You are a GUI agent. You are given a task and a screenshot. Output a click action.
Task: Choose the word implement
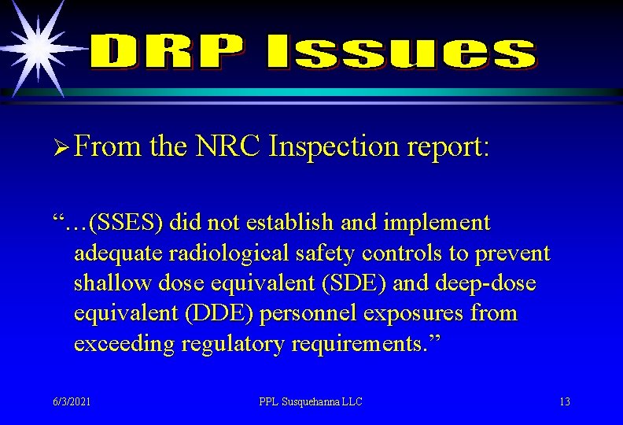(437, 223)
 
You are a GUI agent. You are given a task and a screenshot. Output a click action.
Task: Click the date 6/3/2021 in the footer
(71, 401)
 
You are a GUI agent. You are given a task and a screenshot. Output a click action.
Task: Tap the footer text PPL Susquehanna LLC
(311, 401)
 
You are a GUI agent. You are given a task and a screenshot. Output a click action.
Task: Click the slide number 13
(565, 401)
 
